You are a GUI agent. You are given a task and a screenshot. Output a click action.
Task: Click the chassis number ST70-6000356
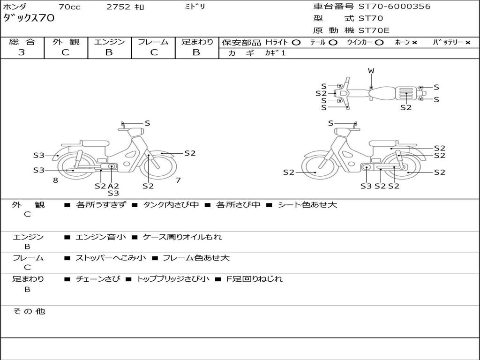(394, 7)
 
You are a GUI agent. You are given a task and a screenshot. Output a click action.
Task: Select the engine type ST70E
(374, 30)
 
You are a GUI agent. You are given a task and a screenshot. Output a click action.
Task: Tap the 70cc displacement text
(69, 7)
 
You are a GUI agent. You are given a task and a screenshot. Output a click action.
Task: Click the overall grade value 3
(22, 52)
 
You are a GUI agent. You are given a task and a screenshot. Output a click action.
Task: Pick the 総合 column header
(22, 42)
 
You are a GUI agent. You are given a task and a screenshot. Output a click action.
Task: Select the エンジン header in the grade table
(109, 42)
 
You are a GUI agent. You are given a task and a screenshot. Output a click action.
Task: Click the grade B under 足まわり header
(196, 52)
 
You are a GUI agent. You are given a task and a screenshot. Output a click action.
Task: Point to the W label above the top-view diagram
(371, 71)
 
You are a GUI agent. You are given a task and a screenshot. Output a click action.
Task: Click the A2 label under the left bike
(113, 186)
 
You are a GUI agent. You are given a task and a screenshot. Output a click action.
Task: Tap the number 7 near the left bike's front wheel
(178, 180)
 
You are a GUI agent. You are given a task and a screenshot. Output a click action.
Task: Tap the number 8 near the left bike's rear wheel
(55, 180)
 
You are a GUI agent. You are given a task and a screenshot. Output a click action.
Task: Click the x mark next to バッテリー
(467, 42)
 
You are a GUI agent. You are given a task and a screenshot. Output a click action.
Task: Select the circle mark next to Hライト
(296, 42)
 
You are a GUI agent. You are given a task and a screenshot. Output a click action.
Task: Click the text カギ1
(275, 53)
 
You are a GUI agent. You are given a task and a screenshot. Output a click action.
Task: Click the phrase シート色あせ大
(307, 204)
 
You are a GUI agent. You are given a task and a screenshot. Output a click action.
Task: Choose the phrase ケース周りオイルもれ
(182, 237)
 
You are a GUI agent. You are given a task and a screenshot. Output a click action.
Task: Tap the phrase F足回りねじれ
(255, 279)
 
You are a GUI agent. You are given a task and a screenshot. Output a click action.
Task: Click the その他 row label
(29, 311)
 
